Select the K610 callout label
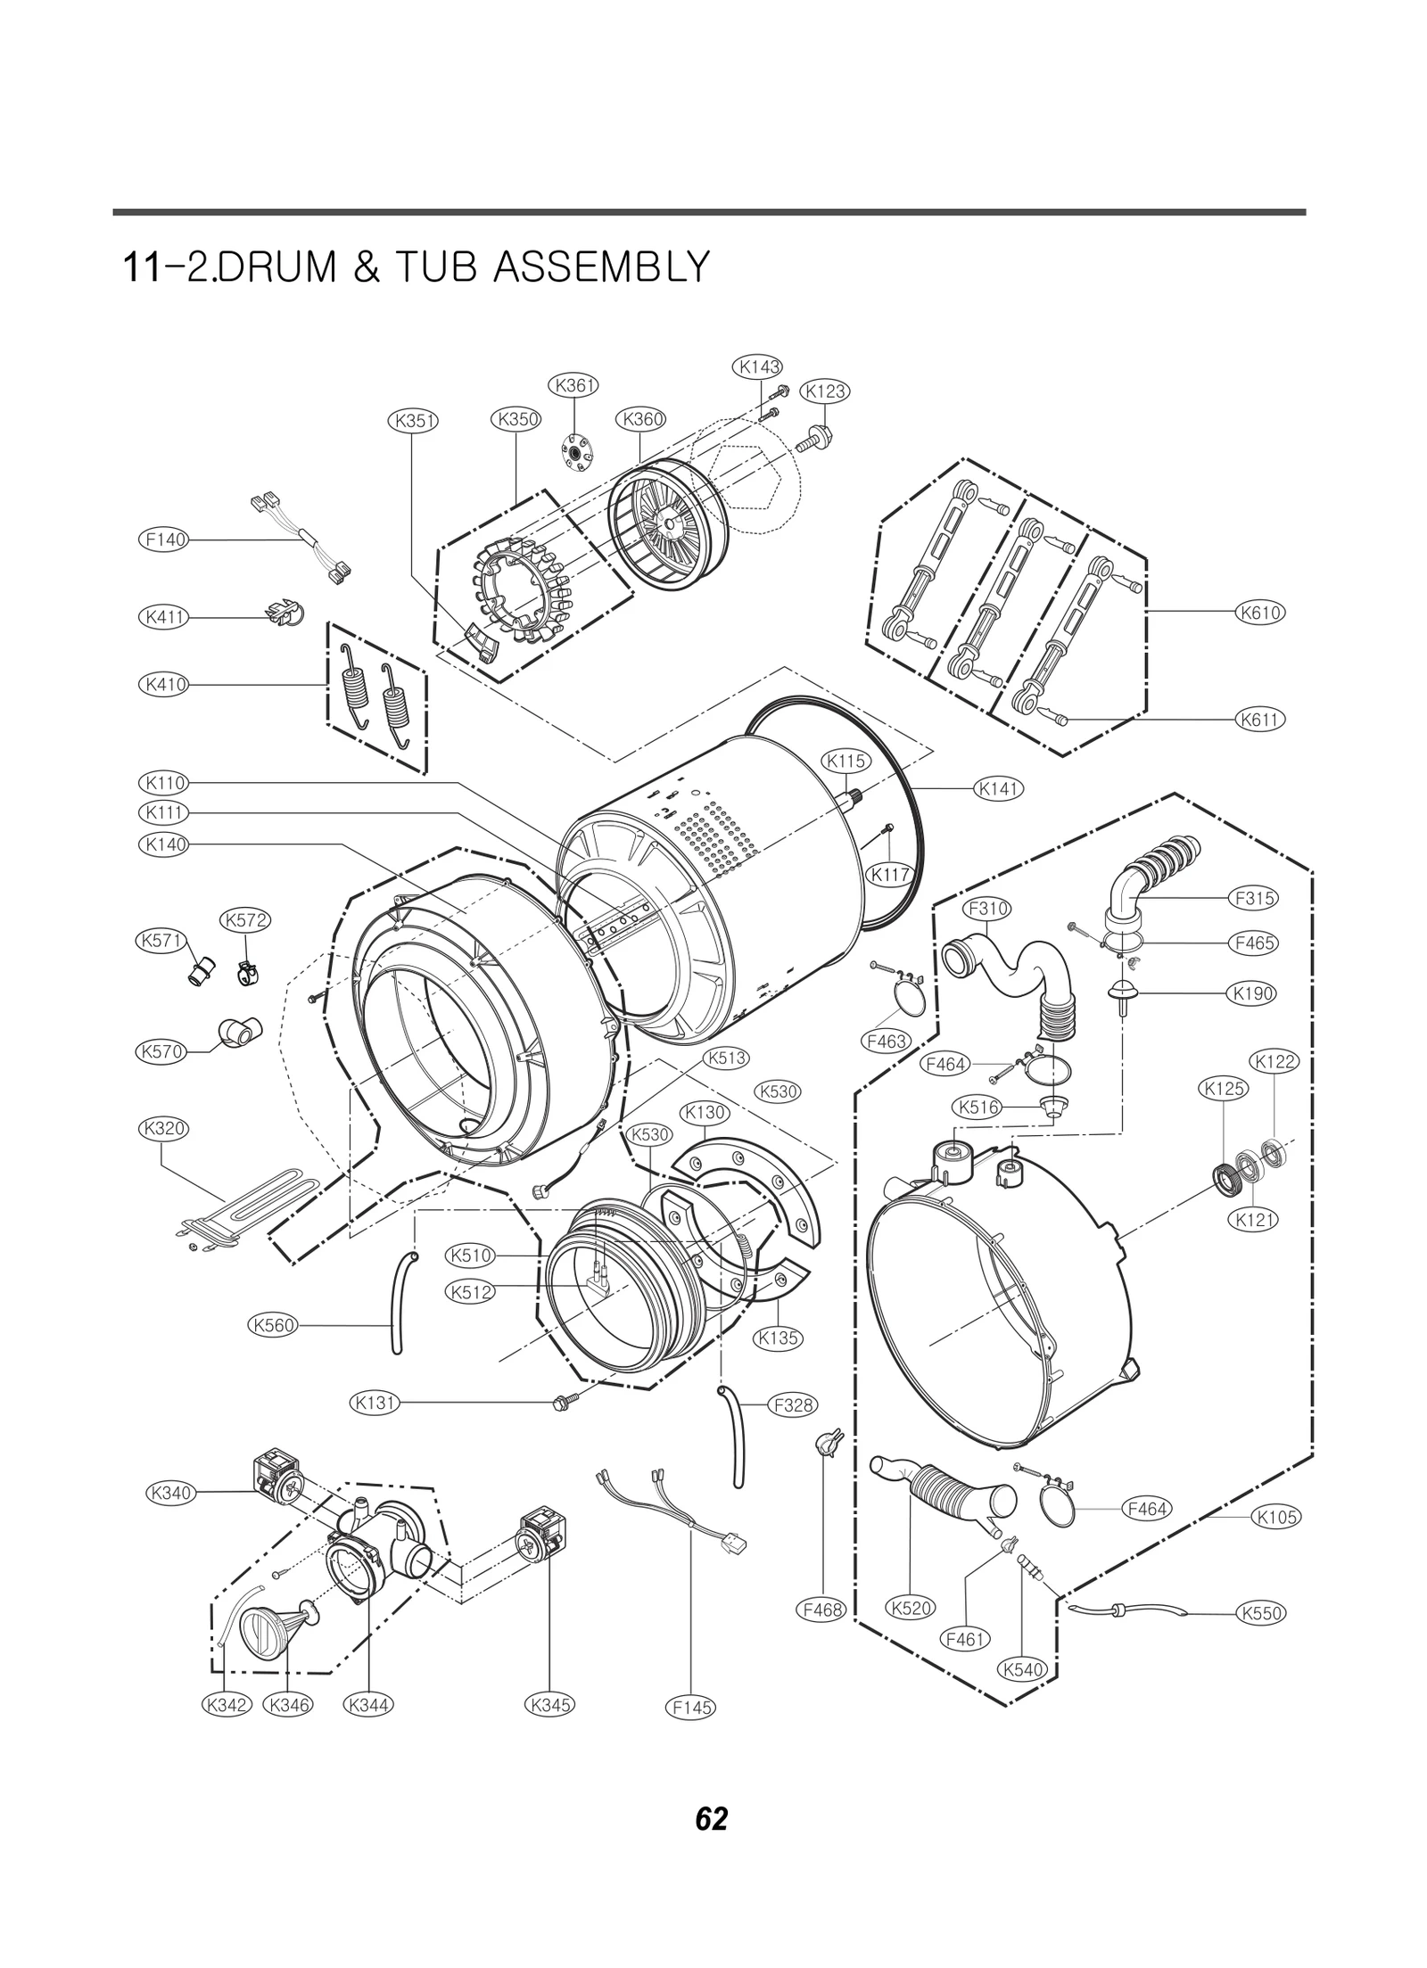pyautogui.click(x=1260, y=613)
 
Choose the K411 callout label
pyautogui.click(x=164, y=617)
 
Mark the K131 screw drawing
pyautogui.click(x=566, y=1403)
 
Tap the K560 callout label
pyautogui.click(x=273, y=1350)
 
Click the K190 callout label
pyautogui.click(x=1251, y=993)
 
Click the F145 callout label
pyautogui.click(x=691, y=1707)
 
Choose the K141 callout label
pyautogui.click(x=999, y=788)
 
